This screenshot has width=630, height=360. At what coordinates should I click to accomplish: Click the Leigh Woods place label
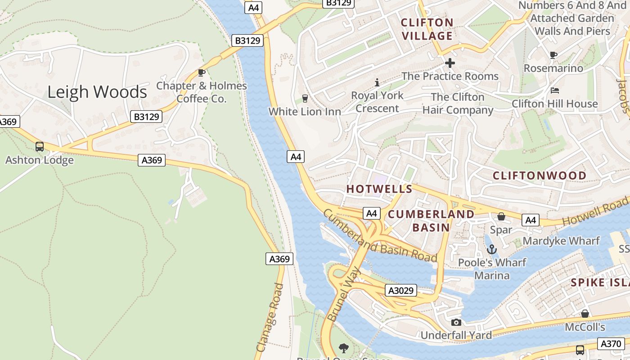(97, 92)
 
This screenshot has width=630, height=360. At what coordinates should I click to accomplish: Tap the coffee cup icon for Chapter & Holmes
(202, 73)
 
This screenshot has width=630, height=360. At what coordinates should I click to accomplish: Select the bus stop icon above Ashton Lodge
(40, 147)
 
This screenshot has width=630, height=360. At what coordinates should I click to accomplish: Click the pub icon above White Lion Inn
(305, 99)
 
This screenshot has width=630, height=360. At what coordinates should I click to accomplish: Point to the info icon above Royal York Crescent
(377, 83)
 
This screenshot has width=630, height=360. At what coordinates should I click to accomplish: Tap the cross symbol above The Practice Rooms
(450, 63)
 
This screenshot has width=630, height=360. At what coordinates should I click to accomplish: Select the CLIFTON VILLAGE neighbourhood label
(427, 29)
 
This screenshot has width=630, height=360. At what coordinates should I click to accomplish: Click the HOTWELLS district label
(379, 189)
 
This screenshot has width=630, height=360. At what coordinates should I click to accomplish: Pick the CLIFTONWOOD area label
(540, 175)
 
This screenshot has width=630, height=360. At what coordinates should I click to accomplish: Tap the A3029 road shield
(401, 291)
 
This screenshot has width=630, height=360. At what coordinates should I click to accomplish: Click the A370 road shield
(612, 344)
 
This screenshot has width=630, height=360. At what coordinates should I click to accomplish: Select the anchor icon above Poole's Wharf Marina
(492, 249)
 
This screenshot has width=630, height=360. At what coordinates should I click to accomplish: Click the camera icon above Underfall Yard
(456, 323)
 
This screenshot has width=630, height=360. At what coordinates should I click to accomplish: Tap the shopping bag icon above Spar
(501, 217)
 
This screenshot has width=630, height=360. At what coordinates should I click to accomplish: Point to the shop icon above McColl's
(585, 314)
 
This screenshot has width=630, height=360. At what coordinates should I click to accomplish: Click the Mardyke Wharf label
(561, 241)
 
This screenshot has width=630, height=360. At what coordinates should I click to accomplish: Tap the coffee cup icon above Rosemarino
(553, 55)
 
